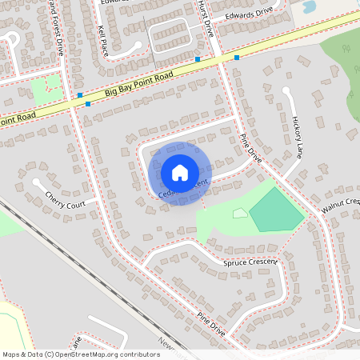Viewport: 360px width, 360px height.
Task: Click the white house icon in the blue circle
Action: pos(180,173)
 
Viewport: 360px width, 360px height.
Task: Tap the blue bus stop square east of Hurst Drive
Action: pos(237,58)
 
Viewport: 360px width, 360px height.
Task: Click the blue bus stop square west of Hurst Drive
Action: pos(197,59)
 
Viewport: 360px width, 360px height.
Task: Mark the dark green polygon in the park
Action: pos(276,210)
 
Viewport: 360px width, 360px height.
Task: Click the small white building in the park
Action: pos(240,213)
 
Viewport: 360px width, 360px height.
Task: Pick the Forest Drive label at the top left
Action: pos(55,15)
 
